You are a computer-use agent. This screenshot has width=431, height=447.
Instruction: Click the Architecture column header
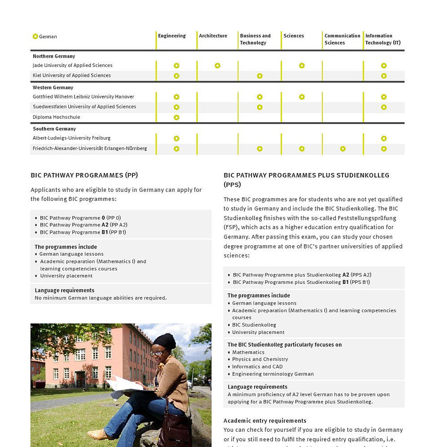click(x=213, y=36)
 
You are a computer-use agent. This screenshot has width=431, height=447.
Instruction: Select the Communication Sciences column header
click(x=342, y=40)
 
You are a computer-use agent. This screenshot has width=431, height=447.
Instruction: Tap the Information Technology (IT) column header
click(x=383, y=40)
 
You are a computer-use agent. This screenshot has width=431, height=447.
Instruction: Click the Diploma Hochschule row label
click(x=56, y=117)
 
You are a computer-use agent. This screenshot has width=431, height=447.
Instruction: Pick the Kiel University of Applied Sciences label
click(x=71, y=75)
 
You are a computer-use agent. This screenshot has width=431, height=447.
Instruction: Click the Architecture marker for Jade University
click(x=217, y=66)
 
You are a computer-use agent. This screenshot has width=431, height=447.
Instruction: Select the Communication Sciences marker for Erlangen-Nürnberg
click(x=343, y=149)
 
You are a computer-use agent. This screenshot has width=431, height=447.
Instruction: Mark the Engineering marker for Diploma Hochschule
click(x=176, y=118)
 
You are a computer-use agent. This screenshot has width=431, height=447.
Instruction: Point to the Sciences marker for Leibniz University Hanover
click(x=302, y=97)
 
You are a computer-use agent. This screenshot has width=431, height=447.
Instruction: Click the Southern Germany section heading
click(x=54, y=129)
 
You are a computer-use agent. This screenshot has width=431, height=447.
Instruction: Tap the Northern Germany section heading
click(x=53, y=57)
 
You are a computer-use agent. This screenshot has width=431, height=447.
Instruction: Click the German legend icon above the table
click(x=35, y=36)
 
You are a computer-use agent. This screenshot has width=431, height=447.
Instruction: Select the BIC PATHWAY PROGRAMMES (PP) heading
click(x=84, y=175)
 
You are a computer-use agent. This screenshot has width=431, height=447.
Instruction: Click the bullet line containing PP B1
click(x=83, y=232)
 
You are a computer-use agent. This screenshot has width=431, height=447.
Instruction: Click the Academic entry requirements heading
click(x=265, y=421)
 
